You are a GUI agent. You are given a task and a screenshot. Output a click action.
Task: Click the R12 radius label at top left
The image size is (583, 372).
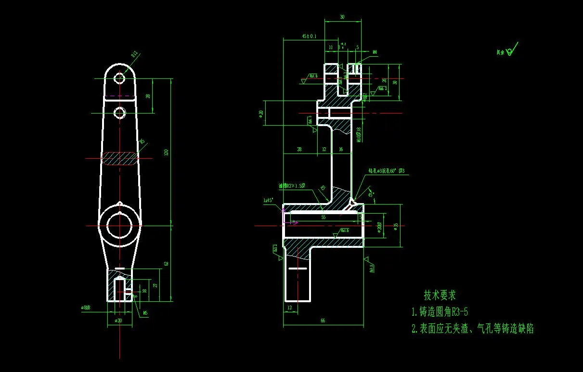[135, 55]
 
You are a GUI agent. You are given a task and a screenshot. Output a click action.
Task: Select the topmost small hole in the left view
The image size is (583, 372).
[119, 78]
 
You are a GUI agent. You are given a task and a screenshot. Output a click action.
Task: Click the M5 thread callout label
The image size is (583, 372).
[145, 313]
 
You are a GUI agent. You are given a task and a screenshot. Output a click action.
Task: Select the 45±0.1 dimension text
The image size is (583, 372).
[309, 36]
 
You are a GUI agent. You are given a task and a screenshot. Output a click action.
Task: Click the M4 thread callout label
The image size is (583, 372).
[375, 52]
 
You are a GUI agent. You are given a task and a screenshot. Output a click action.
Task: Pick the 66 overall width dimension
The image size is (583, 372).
[323, 321]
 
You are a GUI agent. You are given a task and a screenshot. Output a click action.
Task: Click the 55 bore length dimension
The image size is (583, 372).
[323, 218]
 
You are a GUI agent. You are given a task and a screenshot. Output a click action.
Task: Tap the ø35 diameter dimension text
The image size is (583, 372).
[395, 226]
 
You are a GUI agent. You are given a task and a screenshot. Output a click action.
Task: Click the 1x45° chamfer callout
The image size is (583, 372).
[268, 199]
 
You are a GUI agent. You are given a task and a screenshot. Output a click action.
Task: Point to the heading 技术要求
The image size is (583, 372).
[439, 295]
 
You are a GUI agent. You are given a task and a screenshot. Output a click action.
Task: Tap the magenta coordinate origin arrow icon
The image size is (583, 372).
[291, 222]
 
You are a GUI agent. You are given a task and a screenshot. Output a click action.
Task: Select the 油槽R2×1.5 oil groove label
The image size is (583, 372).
[291, 186]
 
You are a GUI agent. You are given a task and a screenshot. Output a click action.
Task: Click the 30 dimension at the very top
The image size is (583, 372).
[342, 17]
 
